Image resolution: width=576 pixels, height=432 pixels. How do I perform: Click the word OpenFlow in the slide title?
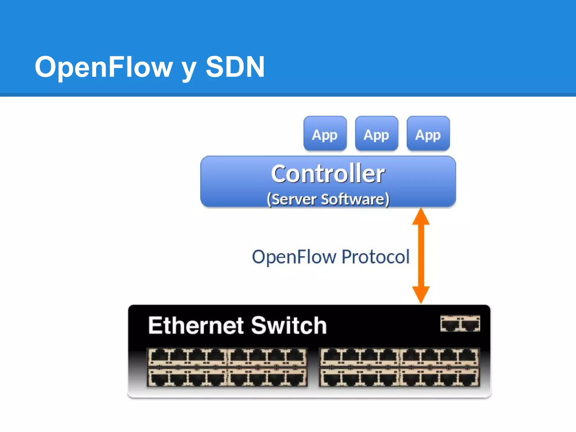pyautogui.click(x=103, y=67)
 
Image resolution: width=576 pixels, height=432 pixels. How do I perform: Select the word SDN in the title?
pyautogui.click(x=235, y=67)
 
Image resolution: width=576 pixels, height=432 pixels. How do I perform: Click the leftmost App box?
pyautogui.click(x=325, y=134)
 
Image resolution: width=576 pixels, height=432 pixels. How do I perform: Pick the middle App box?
pyautogui.click(x=376, y=134)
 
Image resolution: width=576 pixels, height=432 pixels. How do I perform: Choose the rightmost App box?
pyautogui.click(x=428, y=134)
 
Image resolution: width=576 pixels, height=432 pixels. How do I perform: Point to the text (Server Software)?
pyautogui.click(x=328, y=199)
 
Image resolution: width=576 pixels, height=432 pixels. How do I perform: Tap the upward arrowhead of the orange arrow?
pyautogui.click(x=421, y=217)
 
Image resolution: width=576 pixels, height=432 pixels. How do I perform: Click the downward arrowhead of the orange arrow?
pyautogui.click(x=421, y=294)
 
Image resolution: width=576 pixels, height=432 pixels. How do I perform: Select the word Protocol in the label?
pyautogui.click(x=375, y=257)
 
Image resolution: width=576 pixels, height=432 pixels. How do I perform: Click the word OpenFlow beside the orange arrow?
pyautogui.click(x=294, y=257)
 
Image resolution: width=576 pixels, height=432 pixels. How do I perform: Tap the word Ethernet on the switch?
pyautogui.click(x=196, y=326)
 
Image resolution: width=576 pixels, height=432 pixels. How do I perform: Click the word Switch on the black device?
pyautogui.click(x=289, y=326)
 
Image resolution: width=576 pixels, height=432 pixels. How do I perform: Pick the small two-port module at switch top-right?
pyautogui.click(x=460, y=323)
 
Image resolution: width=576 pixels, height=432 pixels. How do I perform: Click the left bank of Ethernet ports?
pyautogui.click(x=227, y=367)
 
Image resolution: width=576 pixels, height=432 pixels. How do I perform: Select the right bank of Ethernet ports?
pyautogui.click(x=399, y=367)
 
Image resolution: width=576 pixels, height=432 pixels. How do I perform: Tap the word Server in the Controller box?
pyautogui.click(x=294, y=199)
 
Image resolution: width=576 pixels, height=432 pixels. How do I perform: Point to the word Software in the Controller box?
pyautogui.click(x=353, y=199)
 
